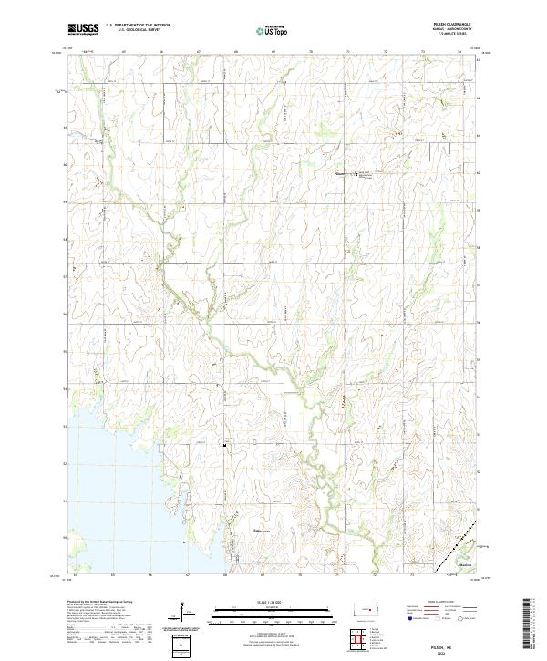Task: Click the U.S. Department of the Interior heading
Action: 138,26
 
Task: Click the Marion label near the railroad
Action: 466,564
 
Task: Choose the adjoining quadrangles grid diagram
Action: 362,639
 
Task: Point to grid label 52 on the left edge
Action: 65,463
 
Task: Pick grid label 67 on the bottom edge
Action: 187,576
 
